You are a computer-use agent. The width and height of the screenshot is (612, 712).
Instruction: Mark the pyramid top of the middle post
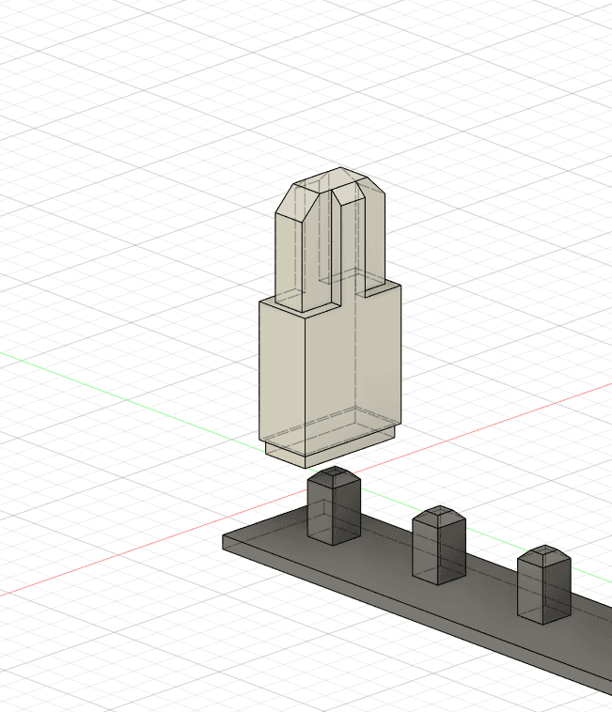439,515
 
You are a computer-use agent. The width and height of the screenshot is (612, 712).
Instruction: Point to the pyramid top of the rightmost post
543,553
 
